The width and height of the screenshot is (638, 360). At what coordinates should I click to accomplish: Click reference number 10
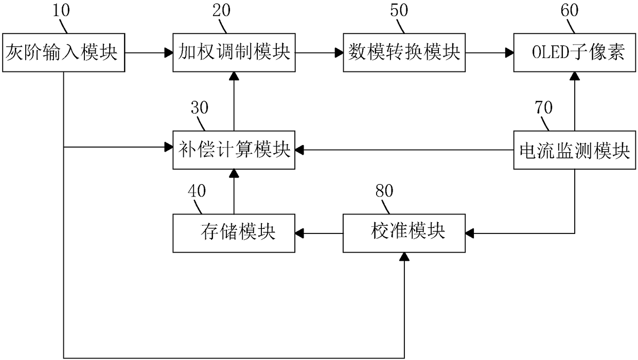tap(61, 10)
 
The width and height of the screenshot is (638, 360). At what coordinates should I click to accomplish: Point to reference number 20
tap(221, 10)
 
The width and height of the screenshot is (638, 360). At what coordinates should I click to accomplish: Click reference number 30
tap(200, 108)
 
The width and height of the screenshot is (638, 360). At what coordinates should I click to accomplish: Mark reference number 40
tap(197, 191)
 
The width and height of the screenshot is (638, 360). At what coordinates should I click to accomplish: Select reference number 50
tap(399, 10)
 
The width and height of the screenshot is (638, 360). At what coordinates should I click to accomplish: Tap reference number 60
tap(570, 10)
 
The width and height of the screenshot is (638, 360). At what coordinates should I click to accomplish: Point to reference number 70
tap(543, 108)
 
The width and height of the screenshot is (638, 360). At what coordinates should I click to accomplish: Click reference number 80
tap(384, 191)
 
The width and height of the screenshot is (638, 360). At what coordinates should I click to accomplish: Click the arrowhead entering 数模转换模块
tap(339, 52)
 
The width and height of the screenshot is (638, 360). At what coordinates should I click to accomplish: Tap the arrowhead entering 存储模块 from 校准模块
tap(299, 233)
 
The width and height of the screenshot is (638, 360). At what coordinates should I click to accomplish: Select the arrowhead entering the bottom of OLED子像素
tap(575, 76)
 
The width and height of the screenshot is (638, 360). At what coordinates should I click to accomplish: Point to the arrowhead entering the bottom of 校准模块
tap(404, 257)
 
